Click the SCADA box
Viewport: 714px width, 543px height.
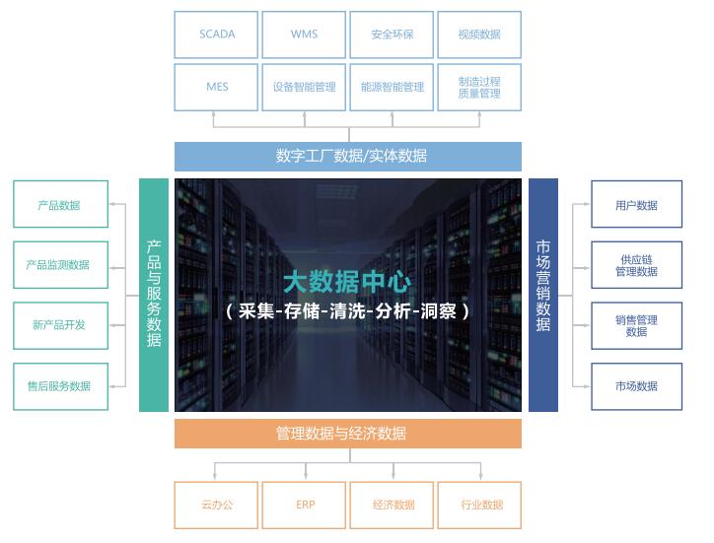[x=216, y=34]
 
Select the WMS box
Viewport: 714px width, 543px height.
[x=304, y=34]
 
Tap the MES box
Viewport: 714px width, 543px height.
[x=216, y=87]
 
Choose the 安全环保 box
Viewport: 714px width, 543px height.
[x=392, y=34]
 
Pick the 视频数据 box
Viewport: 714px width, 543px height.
[x=479, y=34]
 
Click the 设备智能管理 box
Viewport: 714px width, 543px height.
[x=304, y=87]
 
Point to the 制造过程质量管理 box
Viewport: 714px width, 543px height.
[x=479, y=87]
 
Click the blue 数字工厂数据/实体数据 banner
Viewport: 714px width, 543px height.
[x=348, y=156]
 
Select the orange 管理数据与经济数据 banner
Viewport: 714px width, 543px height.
[x=348, y=434]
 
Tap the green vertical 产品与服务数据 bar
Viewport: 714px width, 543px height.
[x=154, y=295]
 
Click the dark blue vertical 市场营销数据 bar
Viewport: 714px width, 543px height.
[x=543, y=295]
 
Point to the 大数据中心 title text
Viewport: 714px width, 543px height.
[x=347, y=282]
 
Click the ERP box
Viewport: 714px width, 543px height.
[x=304, y=505]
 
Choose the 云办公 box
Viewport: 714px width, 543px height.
[x=216, y=505]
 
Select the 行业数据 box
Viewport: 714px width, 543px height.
[x=479, y=505]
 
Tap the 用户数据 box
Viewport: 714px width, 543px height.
[x=637, y=204]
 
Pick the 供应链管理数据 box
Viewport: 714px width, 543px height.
[x=637, y=265]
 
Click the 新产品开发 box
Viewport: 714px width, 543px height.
[x=60, y=325]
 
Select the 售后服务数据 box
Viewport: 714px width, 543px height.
[x=60, y=386]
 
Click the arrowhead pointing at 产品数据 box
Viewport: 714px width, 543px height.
[x=112, y=204]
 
